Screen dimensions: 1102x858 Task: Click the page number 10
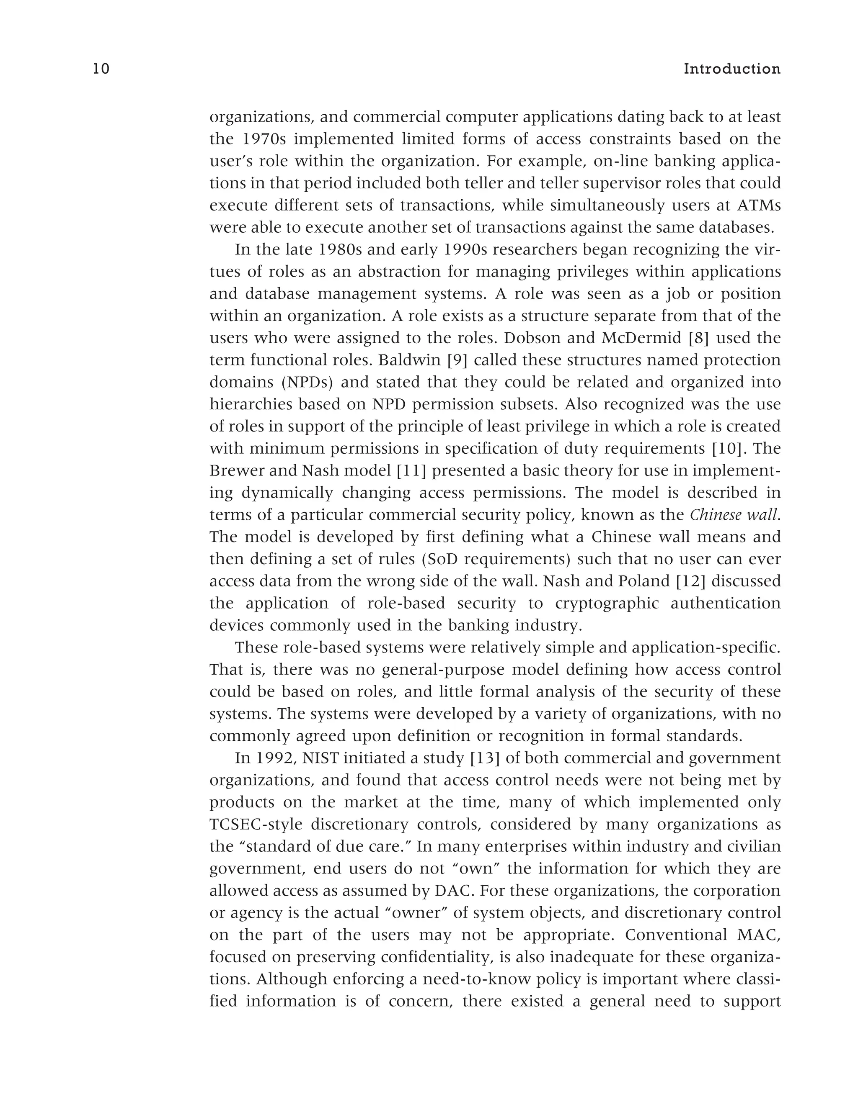101,69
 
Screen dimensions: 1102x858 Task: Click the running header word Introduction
732,69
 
